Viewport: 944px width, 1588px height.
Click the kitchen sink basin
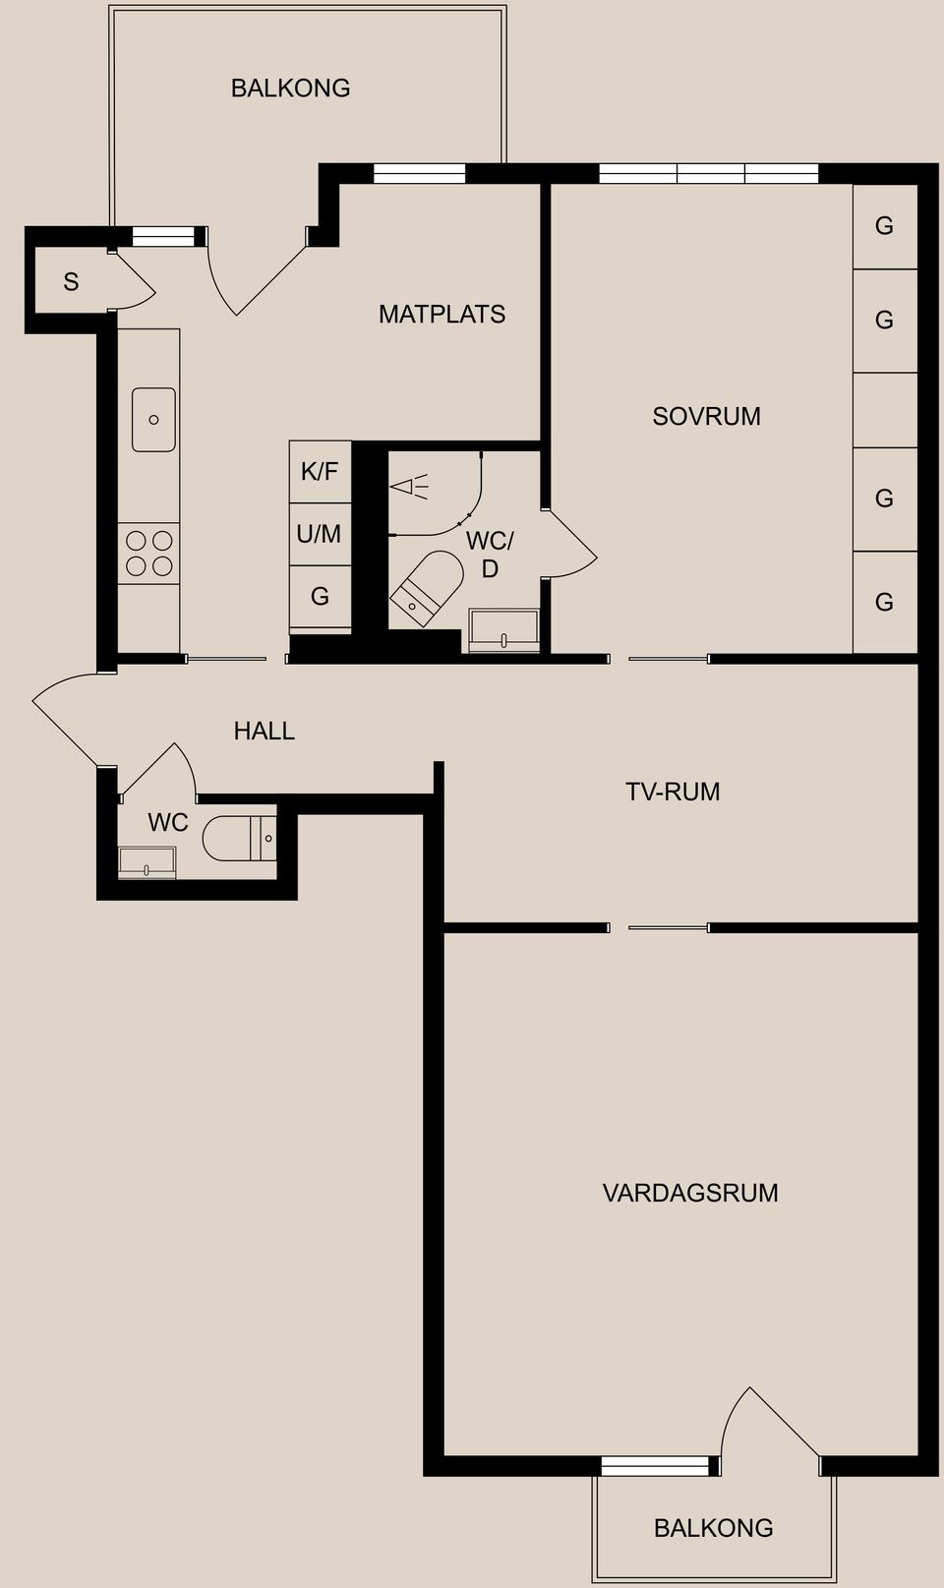(x=153, y=420)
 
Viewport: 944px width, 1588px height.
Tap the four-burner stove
(x=148, y=554)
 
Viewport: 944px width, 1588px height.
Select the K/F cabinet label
(x=320, y=472)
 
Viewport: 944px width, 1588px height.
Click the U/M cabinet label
(x=320, y=534)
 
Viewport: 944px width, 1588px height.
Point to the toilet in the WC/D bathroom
(x=429, y=586)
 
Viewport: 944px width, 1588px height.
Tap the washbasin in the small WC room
(x=147, y=862)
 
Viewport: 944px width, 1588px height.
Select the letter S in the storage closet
(x=71, y=282)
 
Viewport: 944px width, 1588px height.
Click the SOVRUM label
(x=706, y=416)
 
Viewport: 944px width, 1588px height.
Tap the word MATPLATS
(x=442, y=315)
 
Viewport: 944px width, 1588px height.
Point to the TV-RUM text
(x=673, y=792)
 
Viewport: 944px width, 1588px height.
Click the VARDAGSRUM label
(x=689, y=1193)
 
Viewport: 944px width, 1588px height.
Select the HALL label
(x=264, y=731)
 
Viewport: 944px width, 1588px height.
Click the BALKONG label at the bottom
(x=713, y=1528)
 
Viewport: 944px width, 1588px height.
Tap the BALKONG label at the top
(x=290, y=88)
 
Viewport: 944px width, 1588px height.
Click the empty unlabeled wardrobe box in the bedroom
(x=884, y=410)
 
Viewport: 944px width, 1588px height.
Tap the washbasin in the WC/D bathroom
(x=503, y=630)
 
